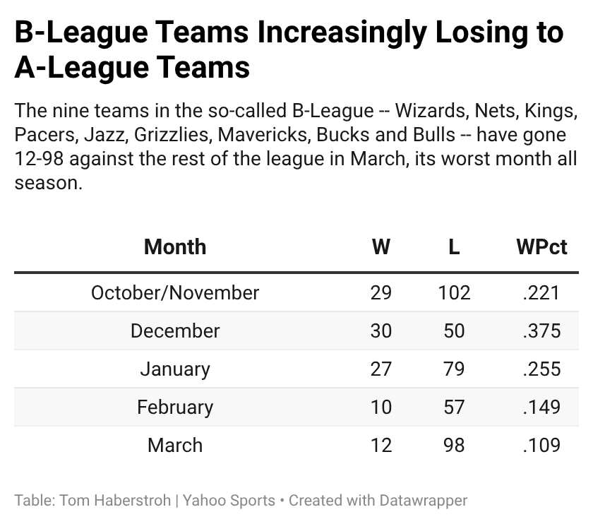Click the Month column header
click(175, 246)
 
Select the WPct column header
click(541, 246)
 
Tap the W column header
click(381, 246)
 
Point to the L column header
click(454, 246)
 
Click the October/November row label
click(175, 292)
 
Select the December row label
click(175, 331)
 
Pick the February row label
click(175, 407)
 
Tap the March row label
click(175, 445)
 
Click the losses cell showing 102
click(454, 292)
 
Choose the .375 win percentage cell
click(541, 331)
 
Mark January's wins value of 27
click(381, 369)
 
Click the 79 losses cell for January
click(454, 369)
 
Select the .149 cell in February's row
click(541, 407)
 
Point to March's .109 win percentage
click(541, 445)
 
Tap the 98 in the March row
click(454, 445)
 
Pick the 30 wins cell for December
click(381, 331)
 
